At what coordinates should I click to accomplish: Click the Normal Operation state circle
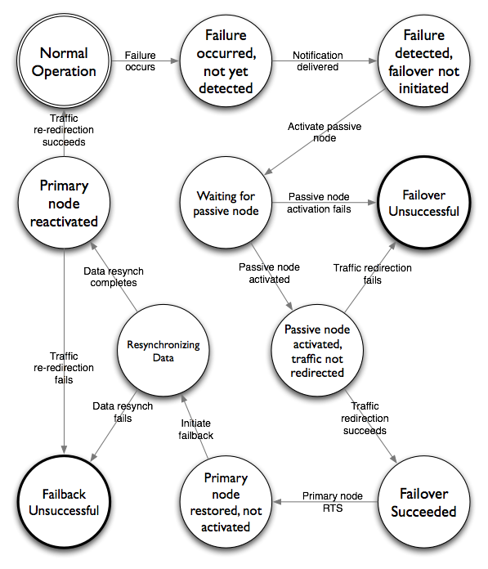click(64, 61)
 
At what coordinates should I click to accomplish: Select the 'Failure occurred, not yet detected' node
click(226, 61)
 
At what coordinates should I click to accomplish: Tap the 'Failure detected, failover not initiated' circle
click(423, 61)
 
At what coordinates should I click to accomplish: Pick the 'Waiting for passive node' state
click(226, 203)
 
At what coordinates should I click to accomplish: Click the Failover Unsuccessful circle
click(423, 203)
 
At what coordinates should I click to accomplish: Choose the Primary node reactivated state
click(64, 203)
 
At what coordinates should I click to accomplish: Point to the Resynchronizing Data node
click(163, 350)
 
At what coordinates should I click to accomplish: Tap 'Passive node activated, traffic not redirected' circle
click(317, 350)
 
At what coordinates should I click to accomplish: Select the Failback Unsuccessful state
click(64, 502)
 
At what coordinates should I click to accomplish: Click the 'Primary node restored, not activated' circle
click(226, 502)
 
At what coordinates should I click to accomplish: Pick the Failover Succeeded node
click(423, 502)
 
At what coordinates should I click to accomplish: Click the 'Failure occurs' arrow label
click(140, 61)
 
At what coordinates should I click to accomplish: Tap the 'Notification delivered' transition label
click(318, 61)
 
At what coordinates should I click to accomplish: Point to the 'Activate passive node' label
click(325, 132)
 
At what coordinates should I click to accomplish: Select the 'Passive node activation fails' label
click(319, 203)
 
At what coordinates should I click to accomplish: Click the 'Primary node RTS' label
click(333, 502)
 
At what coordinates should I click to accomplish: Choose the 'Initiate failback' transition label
click(195, 429)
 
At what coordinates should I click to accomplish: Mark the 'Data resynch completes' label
click(114, 277)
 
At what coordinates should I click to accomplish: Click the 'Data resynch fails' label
click(123, 412)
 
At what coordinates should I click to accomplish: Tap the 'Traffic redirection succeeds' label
click(365, 418)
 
